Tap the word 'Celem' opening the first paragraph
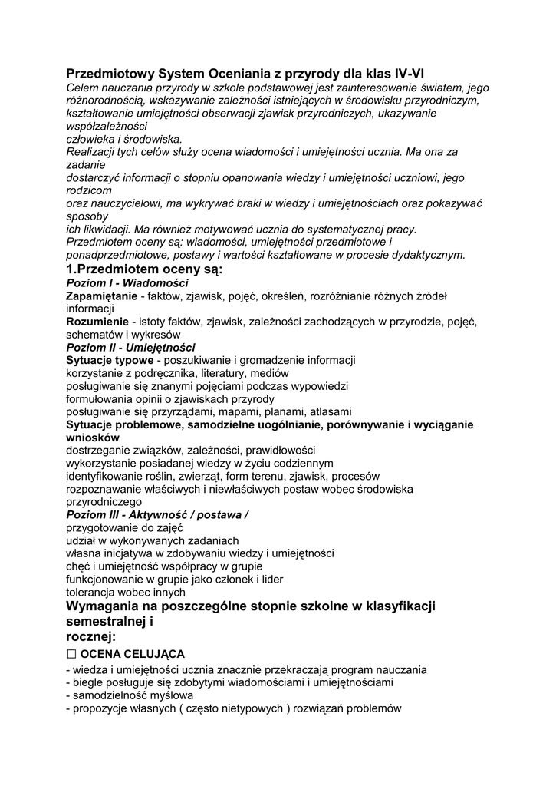(x=83, y=88)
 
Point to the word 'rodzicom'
(x=89, y=190)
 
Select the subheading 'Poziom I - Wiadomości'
(x=127, y=283)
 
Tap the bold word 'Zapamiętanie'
(x=102, y=296)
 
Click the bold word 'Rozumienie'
(x=97, y=322)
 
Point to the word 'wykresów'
(x=156, y=335)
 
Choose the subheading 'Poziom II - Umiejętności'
(x=130, y=347)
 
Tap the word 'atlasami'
(x=327, y=411)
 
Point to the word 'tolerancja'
(x=93, y=593)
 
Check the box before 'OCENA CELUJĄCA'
(x=72, y=654)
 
